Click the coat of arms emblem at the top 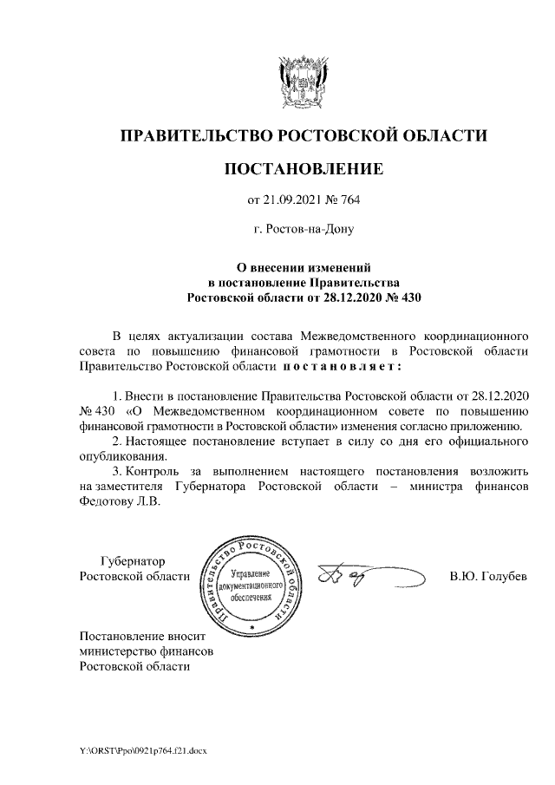(x=303, y=80)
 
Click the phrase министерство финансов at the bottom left (x=146, y=651)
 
